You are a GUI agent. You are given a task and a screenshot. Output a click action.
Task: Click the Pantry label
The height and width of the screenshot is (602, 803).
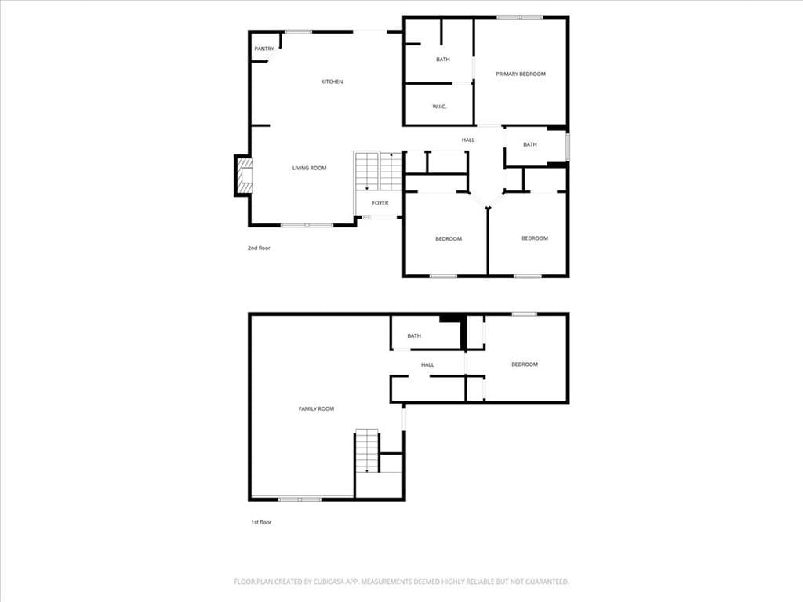[264, 49]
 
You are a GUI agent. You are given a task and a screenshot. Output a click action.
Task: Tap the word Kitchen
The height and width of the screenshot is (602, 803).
[332, 82]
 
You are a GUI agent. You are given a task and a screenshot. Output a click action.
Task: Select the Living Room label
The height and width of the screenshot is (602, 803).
[309, 168]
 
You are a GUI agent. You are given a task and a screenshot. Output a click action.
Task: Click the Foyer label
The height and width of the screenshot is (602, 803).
[380, 203]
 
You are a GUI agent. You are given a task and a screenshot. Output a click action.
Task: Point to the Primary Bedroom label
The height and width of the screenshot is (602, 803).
[521, 74]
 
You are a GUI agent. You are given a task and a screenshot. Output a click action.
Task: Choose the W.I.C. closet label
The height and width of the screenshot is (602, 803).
[439, 107]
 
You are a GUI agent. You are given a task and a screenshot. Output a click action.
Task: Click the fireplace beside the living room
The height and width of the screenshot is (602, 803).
[244, 175]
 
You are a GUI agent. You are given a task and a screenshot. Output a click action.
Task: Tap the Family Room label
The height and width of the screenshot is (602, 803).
[316, 408]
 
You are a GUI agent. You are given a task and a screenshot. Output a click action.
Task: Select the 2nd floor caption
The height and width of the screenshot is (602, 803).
[259, 248]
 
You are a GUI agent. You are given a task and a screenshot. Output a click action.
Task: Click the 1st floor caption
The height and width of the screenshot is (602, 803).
[261, 522]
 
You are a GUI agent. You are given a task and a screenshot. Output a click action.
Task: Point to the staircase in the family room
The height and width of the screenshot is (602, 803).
[367, 451]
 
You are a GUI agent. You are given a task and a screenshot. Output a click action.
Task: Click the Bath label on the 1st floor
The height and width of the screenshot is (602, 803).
[414, 336]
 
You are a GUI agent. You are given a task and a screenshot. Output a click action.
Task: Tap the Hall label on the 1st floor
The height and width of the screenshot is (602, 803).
[427, 365]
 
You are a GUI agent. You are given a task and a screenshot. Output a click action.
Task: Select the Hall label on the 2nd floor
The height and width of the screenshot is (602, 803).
[468, 140]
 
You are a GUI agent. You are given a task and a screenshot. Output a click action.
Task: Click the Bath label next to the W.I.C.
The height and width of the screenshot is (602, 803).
[443, 60]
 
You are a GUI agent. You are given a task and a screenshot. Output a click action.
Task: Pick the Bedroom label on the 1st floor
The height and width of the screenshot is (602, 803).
[525, 364]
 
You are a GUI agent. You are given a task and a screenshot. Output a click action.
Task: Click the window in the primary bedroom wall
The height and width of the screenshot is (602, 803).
[519, 17]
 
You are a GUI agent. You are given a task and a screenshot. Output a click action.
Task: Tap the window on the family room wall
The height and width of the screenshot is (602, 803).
[300, 499]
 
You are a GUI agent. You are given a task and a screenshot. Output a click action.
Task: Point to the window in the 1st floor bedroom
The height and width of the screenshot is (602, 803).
[525, 314]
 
